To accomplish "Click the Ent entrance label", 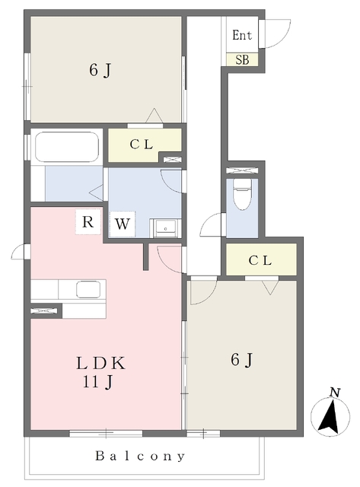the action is tap(242, 35).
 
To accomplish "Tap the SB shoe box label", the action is tap(242, 59).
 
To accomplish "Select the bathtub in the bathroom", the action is tap(67, 147).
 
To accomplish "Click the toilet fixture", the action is tap(242, 195).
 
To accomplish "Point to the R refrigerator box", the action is tap(88, 221).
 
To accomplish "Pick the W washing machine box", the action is tap(122, 224).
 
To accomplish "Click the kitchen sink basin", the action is tap(88, 289).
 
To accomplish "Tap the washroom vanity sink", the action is tap(165, 228).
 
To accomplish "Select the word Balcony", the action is tap(140, 456).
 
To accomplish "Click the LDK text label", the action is tap(101, 363).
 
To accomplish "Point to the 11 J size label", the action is tap(97, 382).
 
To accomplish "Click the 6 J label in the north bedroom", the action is tap(100, 70).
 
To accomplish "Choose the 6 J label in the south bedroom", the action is tap(242, 360).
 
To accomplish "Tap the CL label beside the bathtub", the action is tap(142, 145).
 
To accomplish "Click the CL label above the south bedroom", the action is tap(260, 260).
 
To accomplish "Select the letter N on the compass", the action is tap(335, 393).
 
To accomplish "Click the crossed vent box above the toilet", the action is tap(242, 170).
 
